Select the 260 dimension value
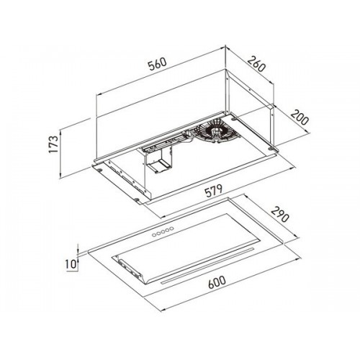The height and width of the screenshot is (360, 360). pos(256,64)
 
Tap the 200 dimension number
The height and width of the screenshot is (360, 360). pos(300,117)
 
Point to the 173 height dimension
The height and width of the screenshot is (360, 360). pos(53,144)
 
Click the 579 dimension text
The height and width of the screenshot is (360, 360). pos(214,192)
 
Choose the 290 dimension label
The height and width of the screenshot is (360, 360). pos(279,215)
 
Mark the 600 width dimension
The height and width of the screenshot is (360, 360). pos(217,282)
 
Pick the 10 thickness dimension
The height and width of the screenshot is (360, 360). pos(71,264)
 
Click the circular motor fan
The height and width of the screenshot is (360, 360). pos(217,131)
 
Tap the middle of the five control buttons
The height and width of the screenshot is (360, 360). pos(163,232)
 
